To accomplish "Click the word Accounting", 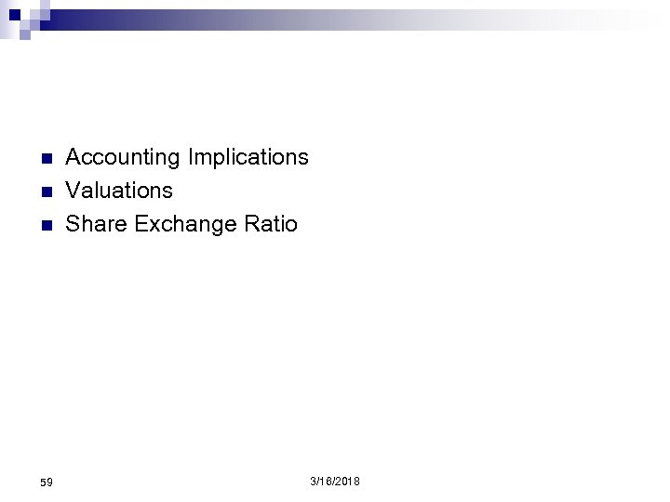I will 123,157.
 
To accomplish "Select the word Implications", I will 248,158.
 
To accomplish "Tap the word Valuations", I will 119,191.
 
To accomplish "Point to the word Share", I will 96,224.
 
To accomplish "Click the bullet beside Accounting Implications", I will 45,158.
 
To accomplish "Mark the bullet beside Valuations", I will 45,192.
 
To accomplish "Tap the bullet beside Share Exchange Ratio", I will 45,225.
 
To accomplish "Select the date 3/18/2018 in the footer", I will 335,481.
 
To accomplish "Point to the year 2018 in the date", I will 347,481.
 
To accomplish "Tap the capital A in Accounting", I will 74,157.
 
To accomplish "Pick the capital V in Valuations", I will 73,191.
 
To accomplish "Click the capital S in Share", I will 73,224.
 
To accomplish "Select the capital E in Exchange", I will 141,224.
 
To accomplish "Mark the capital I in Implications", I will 191,157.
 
